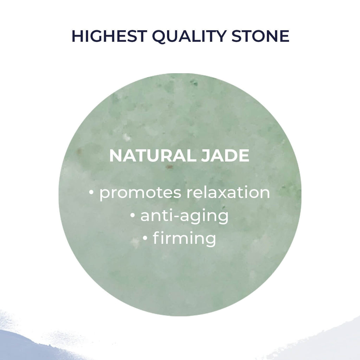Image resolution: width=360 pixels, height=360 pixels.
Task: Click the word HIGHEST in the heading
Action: coord(109,36)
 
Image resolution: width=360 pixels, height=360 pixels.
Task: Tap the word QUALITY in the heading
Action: coord(189,37)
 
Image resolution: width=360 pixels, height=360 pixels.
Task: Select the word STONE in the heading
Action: coord(261,36)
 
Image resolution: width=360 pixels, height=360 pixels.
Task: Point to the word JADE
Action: coord(225,156)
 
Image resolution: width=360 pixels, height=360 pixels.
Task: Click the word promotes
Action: coord(140,193)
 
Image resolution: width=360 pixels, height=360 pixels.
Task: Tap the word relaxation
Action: coord(228,192)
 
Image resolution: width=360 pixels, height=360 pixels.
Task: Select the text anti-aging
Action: coord(184,216)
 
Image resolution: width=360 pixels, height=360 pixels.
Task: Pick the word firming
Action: coord(184,239)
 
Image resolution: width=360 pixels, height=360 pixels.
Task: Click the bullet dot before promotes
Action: coord(91,193)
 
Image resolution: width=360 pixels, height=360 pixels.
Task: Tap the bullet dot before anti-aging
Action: coord(133,216)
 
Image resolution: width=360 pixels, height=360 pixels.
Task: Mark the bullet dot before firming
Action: coord(145,238)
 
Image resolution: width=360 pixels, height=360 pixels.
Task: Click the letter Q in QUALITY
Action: coord(160,37)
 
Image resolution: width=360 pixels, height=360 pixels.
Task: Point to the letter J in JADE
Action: coord(205,156)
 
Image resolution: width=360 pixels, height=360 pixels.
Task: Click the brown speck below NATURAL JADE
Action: coord(169,167)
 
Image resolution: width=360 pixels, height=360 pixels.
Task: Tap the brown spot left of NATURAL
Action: coord(79,151)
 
